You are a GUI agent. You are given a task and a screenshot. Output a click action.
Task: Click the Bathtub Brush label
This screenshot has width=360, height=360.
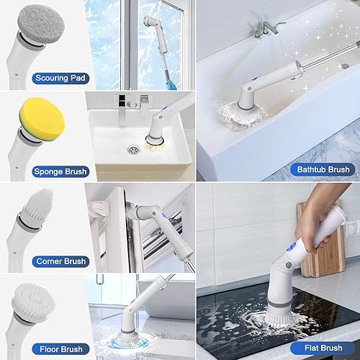(321, 170)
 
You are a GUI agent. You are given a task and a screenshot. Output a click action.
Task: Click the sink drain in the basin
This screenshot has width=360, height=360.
(132, 150)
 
